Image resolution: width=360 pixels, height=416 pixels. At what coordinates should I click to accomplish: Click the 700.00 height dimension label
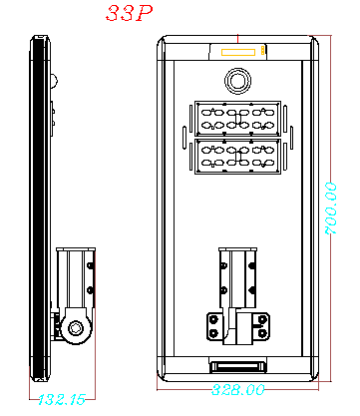coord(331,208)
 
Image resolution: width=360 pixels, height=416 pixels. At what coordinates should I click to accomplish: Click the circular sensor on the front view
coord(237,79)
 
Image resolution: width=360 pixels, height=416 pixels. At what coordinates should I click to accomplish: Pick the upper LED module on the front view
coord(237,120)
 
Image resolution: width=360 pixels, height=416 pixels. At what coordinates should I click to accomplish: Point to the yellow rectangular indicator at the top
coord(237,49)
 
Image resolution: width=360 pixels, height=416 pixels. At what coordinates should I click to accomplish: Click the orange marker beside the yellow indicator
coord(262,49)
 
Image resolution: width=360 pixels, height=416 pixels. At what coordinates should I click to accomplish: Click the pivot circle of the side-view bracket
coord(76,326)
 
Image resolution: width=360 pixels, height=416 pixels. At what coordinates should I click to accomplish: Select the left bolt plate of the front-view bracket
coord(214,326)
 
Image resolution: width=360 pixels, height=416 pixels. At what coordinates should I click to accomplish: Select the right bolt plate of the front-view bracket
coord(261,326)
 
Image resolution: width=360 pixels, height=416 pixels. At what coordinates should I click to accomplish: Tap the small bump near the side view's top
coord(55,79)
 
